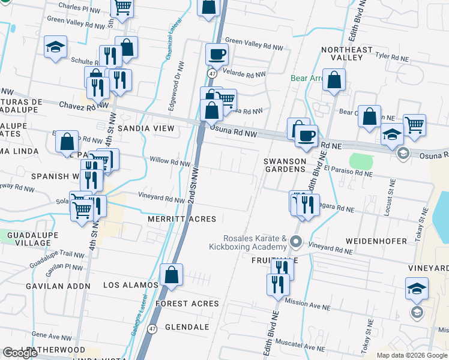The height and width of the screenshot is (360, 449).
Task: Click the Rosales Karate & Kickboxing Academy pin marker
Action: click(x=295, y=242)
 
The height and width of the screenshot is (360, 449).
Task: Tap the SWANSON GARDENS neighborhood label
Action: click(x=285, y=166)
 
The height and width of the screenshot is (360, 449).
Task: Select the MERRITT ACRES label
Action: click(x=182, y=219)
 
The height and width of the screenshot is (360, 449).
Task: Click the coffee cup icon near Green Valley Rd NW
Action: click(x=217, y=55)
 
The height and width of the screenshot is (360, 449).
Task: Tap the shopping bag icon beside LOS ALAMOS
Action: click(x=172, y=275)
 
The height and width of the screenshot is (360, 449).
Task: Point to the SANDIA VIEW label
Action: click(x=146, y=128)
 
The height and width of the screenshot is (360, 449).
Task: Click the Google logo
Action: click(x=20, y=353)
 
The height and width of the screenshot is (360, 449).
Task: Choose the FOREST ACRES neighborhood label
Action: click(x=187, y=304)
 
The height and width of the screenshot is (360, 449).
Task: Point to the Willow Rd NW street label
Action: click(x=170, y=162)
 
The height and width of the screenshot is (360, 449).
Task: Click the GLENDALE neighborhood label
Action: click(x=187, y=327)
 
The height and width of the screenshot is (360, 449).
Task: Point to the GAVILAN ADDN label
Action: click(x=57, y=286)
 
